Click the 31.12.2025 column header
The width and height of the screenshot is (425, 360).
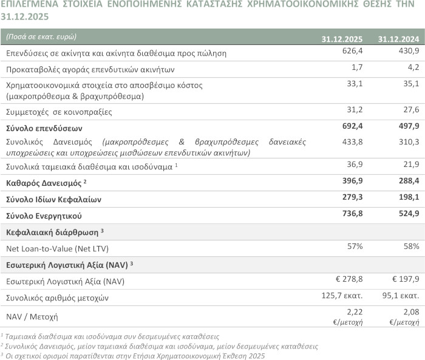coord(343,39)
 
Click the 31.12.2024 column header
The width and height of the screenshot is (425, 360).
coord(398,39)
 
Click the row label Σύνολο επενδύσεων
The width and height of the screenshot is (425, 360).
coord(44,128)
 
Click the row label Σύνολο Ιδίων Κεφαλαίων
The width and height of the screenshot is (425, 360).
coord(53,199)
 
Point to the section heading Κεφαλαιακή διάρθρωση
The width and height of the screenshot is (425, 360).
coord(52,232)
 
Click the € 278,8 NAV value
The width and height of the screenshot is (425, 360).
coord(349,280)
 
